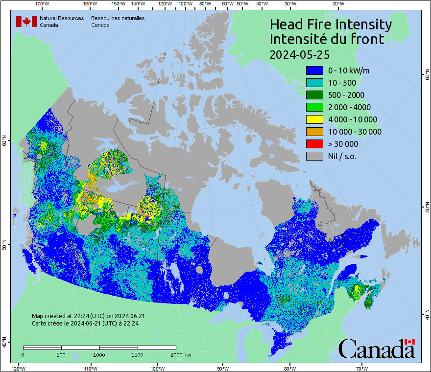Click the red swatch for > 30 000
tap(314, 144)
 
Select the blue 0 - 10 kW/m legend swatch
tap(314, 70)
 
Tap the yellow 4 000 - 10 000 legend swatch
tap(314, 119)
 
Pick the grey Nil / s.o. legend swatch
tap(314, 156)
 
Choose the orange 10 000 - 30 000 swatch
tap(314, 132)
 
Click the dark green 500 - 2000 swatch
tap(314, 95)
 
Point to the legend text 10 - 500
tap(342, 83)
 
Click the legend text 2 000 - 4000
tap(349, 107)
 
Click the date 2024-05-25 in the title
tap(299, 54)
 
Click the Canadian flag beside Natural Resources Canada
tap(26, 21)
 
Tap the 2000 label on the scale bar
tap(176, 354)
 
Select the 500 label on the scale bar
tap(61, 354)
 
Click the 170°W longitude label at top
tap(43, 4)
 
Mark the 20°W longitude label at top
tap(337, 4)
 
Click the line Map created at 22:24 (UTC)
tap(88, 316)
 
